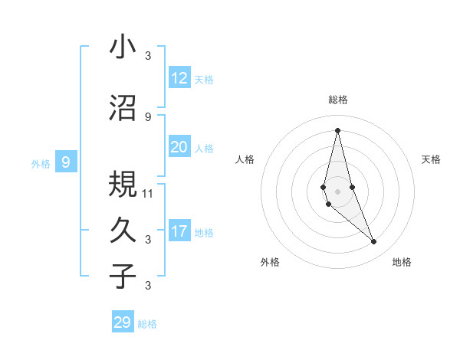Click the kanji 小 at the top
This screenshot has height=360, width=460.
123,47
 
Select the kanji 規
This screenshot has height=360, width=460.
123,184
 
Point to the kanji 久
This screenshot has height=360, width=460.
123,230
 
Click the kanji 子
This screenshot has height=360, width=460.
123,276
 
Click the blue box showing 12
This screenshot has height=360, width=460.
179,78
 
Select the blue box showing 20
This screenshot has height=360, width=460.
179,147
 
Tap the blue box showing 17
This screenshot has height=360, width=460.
179,231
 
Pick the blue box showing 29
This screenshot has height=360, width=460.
123,322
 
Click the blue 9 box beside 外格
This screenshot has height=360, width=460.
66,162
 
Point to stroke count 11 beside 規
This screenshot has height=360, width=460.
148,193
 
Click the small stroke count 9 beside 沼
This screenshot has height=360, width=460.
148,116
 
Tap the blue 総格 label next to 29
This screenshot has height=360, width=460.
147,324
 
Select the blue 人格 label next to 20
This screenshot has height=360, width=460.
204,149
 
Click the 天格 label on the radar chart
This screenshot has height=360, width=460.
431,159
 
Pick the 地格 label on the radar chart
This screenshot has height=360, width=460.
402,262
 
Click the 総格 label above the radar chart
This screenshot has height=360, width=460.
337,100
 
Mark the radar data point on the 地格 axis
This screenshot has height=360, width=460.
374,242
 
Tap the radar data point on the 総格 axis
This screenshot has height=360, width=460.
337,129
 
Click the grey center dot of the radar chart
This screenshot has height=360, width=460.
337,180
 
